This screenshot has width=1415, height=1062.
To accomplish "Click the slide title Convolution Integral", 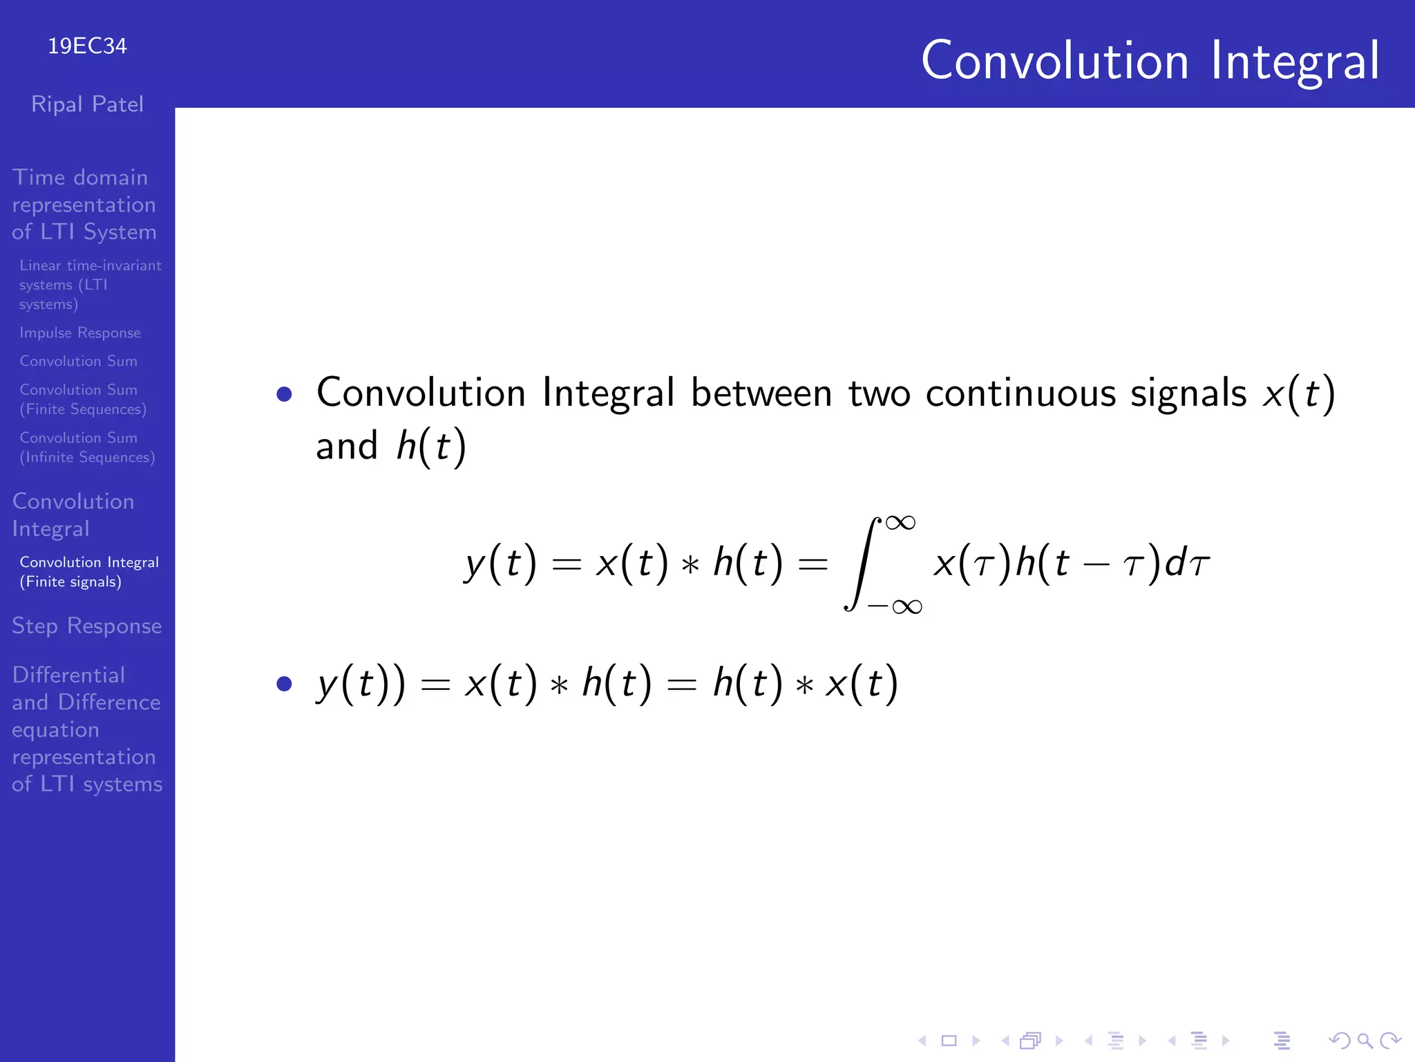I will coord(1150,61).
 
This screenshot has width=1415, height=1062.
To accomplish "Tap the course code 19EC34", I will coord(87,46).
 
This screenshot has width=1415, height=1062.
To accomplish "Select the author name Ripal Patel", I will coord(87,104).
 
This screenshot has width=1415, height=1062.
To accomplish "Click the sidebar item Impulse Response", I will coord(80,333).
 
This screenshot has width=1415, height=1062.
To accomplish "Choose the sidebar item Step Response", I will coord(87,626).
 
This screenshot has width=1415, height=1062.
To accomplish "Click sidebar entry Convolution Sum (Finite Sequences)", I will coord(83,400).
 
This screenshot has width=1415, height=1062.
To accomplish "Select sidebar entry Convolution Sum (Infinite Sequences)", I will coord(87,447).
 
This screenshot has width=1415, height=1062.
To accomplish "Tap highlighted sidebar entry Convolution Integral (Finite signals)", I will coord(88,572).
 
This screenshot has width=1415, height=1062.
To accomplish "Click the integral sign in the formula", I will coord(861,563).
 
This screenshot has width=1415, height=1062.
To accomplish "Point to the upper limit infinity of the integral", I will coord(900,523).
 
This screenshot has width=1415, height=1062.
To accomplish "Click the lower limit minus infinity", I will coord(895,607).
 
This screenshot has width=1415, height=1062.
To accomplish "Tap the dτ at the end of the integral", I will coord(1187,563).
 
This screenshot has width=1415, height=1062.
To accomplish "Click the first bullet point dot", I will coord(284,394).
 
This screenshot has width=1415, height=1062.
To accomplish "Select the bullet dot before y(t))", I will coord(284,684).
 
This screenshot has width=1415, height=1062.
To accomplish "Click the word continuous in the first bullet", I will coord(1020,393).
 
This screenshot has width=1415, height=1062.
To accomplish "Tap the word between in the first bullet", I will coord(761,393).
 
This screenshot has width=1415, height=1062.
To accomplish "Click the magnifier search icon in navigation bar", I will coord(1364,1040).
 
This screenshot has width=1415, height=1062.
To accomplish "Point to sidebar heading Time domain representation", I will coord(83,205).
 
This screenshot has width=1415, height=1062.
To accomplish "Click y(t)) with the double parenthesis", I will coord(361,684).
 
